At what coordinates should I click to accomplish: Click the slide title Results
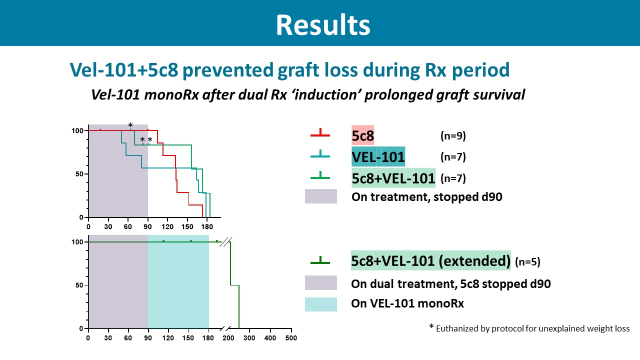tap(323, 24)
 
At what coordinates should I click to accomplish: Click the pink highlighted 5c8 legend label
tap(363, 135)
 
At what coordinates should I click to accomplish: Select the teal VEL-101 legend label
tap(378, 157)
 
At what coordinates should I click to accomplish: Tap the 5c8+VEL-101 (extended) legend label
tap(430, 260)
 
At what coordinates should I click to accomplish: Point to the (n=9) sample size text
tap(453, 136)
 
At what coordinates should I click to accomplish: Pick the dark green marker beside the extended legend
tap(320, 260)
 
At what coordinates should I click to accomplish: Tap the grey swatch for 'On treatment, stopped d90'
tap(320, 196)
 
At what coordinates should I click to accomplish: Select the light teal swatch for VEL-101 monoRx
tap(320, 304)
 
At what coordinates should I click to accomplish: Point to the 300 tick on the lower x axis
tap(250, 338)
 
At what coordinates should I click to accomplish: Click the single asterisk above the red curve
tap(130, 125)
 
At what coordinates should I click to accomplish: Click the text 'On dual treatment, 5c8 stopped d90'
tap(451, 284)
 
